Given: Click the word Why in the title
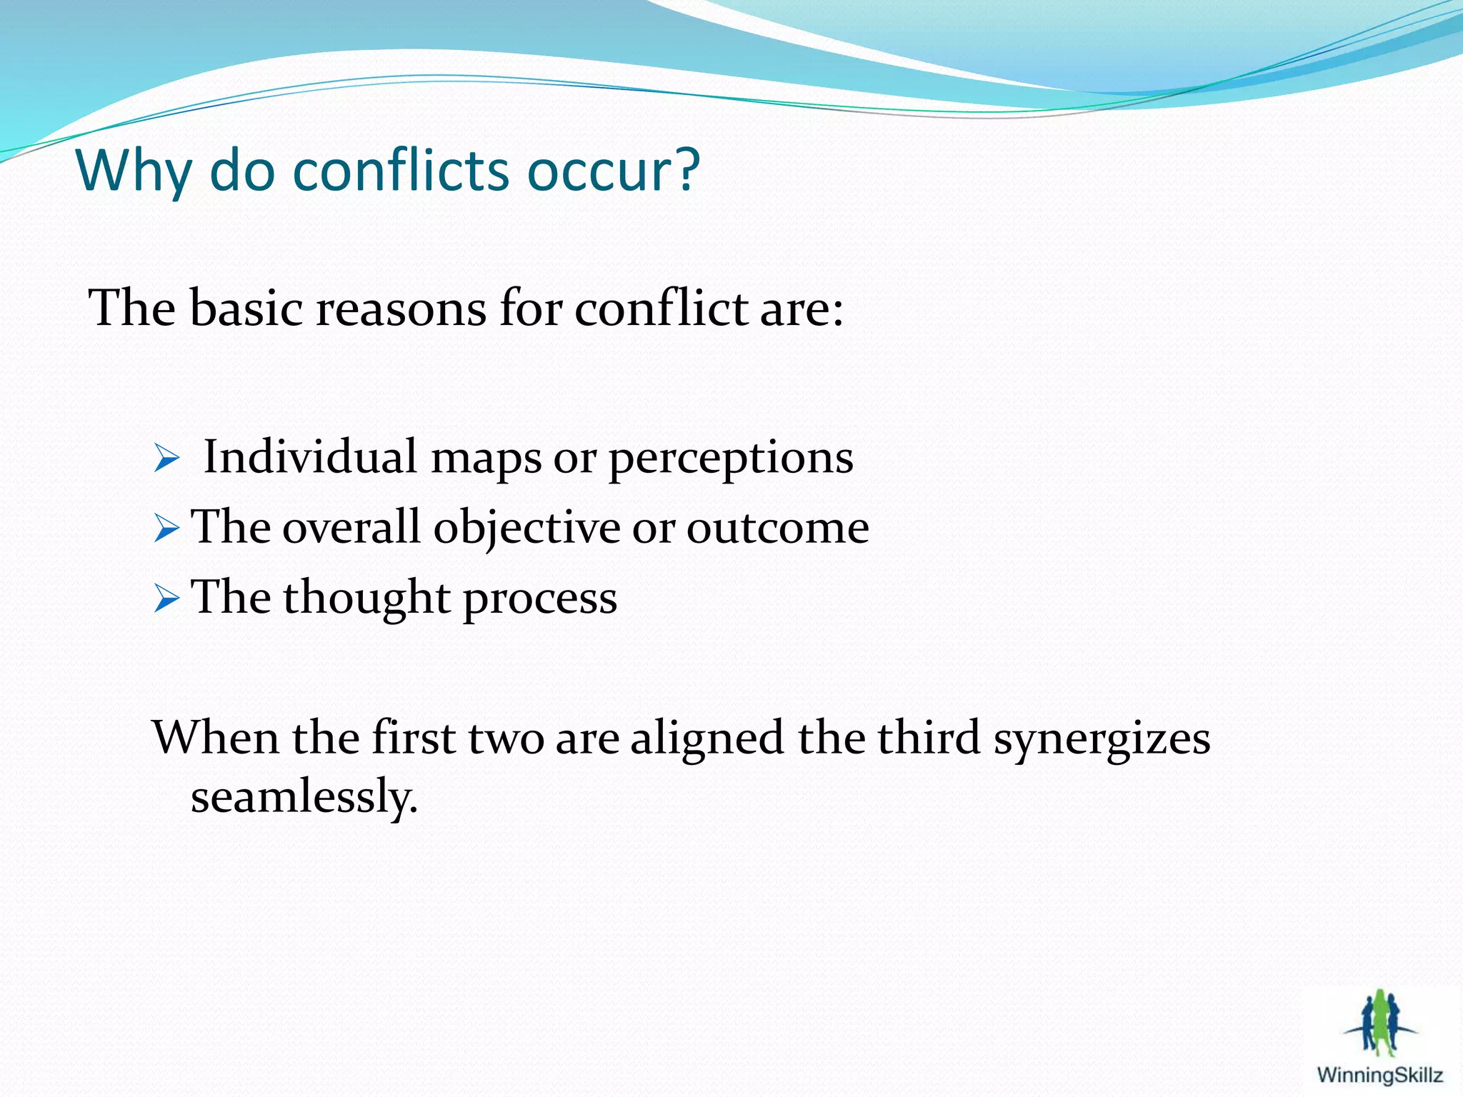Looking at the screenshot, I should pyautogui.click(x=133, y=171).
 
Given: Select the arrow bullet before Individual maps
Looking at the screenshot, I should pyautogui.click(x=166, y=459).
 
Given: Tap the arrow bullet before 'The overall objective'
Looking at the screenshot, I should pyautogui.click(x=166, y=529).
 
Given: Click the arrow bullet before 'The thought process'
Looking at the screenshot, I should pyautogui.click(x=166, y=598).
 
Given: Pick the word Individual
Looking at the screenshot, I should pyautogui.click(x=310, y=457).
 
